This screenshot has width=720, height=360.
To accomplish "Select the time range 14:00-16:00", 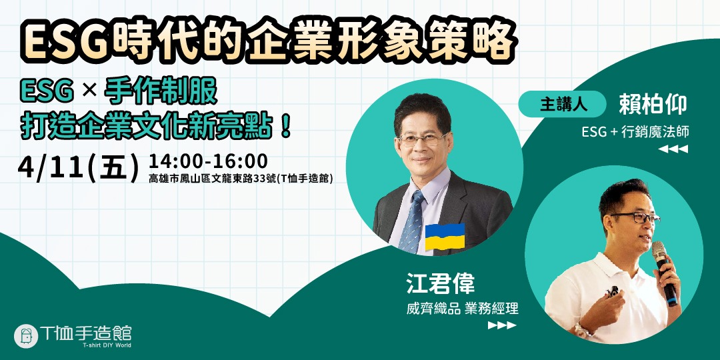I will point(208,161).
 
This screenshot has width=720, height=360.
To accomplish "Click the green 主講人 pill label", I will point(561,104).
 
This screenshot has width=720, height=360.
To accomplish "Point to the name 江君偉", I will point(441,284).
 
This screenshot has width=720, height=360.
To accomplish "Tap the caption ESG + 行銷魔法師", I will point(635,132).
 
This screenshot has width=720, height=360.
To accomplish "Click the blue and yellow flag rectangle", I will point(445,237).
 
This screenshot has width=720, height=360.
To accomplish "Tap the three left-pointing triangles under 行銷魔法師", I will point(673,149).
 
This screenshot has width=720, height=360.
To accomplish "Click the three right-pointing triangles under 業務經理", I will point(501,326).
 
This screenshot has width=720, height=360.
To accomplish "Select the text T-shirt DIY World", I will point(107,345).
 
